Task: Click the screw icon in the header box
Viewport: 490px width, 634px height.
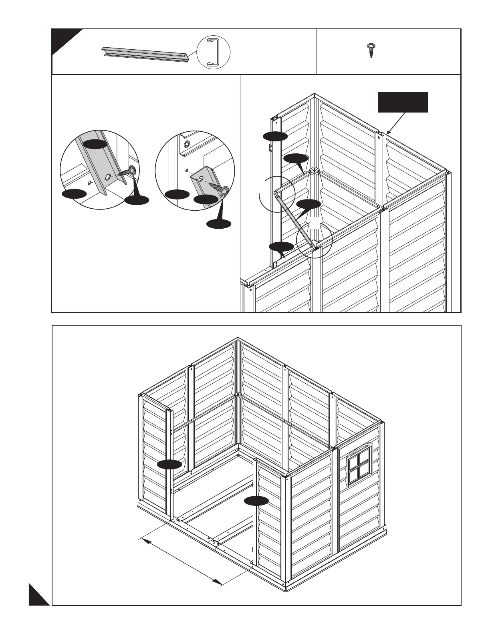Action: [371, 51]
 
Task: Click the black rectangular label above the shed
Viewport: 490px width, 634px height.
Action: [403, 102]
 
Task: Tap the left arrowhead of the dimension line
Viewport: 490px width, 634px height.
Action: [145, 540]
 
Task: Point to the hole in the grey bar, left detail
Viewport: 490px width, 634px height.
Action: [109, 177]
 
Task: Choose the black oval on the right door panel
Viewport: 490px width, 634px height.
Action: [256, 500]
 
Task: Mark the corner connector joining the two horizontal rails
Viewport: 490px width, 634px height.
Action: [315, 172]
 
